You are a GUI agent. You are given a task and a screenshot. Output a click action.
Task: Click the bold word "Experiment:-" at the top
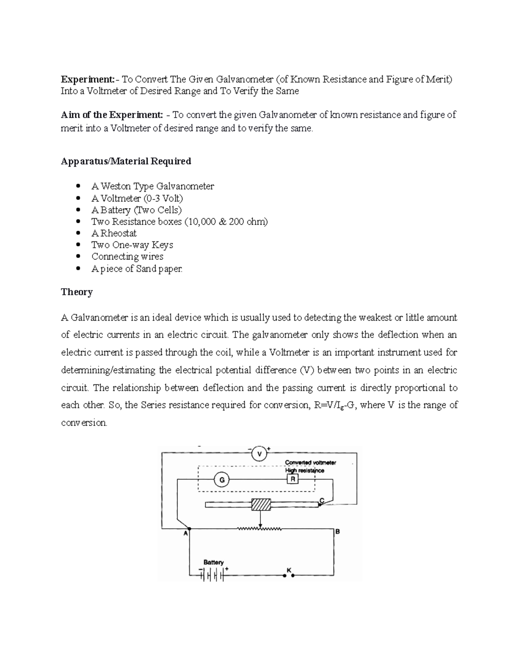(x=88, y=80)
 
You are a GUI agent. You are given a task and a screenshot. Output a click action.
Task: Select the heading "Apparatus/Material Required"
(x=126, y=161)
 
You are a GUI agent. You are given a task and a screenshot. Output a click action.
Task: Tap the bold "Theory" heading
(x=77, y=292)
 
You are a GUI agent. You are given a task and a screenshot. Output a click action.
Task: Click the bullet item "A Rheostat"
(x=114, y=233)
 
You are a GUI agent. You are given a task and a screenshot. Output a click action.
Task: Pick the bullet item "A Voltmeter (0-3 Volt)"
(x=137, y=198)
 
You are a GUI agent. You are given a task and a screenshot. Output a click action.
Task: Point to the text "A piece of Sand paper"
(x=137, y=269)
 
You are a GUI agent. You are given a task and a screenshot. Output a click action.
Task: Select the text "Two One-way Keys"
(x=132, y=245)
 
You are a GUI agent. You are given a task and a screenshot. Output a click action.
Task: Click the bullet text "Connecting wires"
(x=127, y=257)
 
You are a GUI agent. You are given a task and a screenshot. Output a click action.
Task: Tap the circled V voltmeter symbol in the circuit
(x=259, y=454)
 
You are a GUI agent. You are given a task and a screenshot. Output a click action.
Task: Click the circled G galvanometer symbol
(x=222, y=480)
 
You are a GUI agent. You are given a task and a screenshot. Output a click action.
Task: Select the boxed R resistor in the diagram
(x=293, y=479)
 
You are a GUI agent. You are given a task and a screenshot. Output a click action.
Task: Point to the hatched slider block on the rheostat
(x=261, y=505)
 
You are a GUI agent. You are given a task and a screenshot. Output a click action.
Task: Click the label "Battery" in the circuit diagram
(x=214, y=562)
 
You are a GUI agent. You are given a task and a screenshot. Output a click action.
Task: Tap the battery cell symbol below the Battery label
(x=212, y=575)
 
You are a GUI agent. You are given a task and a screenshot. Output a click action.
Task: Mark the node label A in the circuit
(x=186, y=534)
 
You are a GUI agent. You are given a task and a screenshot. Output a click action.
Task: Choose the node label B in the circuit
(x=338, y=532)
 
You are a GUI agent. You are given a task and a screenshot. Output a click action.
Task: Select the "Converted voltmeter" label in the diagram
(x=310, y=463)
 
